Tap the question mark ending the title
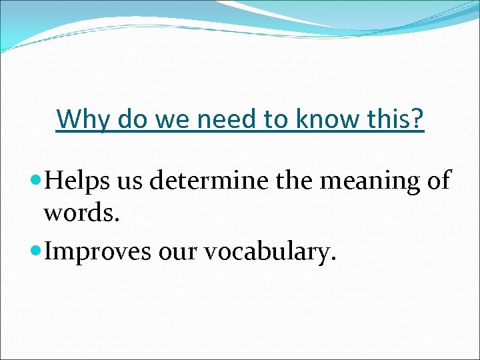click(x=417, y=119)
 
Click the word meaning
click(x=360, y=181)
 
